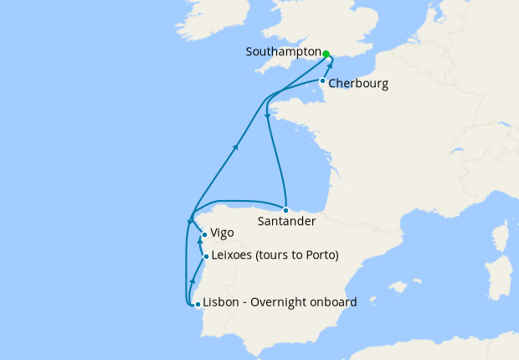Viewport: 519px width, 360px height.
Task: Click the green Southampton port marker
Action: coord(326,53)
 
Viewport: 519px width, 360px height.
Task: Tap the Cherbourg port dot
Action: coord(322,81)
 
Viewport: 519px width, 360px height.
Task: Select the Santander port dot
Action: coord(285,209)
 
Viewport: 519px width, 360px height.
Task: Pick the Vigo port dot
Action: coord(204,235)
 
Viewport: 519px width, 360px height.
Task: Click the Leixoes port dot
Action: coord(206,257)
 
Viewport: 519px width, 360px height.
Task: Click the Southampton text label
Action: coord(282,52)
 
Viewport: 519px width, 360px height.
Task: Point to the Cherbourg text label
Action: coord(358,84)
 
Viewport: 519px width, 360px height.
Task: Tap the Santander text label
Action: coord(287,222)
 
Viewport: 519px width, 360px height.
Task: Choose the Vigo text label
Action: coord(223,234)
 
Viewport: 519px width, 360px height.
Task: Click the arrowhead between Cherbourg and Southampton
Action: coord(330,66)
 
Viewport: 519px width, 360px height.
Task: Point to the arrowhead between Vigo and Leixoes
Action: coord(200,241)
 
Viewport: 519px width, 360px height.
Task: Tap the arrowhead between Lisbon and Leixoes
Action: coord(193,280)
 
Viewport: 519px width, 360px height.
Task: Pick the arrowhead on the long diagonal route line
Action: coord(236,147)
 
